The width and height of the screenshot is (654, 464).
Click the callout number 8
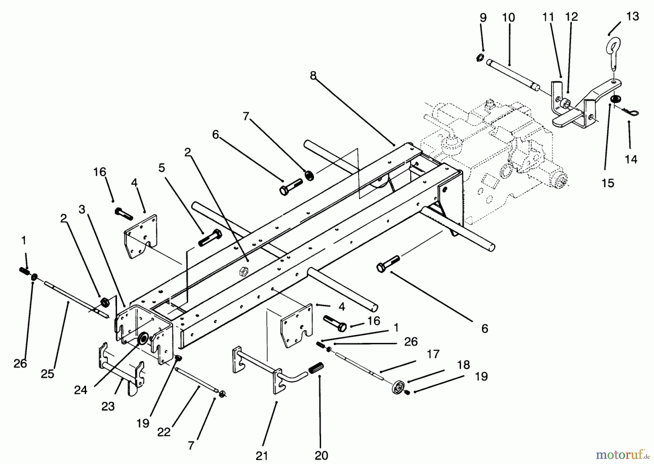tap(313, 75)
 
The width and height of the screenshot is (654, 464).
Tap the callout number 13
tap(633, 16)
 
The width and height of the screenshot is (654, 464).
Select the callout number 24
tap(81, 390)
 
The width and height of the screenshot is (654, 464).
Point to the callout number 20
tap(322, 455)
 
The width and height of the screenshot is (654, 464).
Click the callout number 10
tap(509, 17)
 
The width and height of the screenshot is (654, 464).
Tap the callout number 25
tap(48, 373)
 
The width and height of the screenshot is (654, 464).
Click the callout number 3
tap(82, 209)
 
